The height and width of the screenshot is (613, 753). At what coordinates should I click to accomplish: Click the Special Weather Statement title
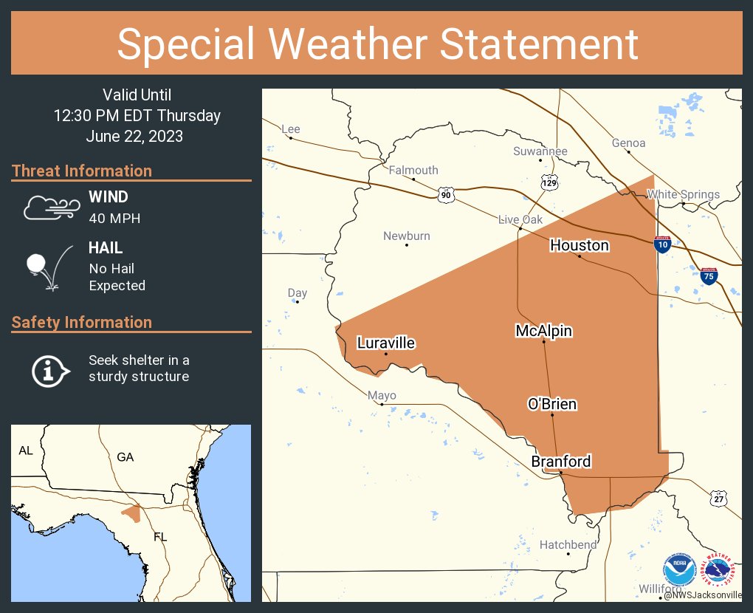pyautogui.click(x=377, y=44)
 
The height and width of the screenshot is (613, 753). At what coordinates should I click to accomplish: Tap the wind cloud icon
pyautogui.click(x=50, y=208)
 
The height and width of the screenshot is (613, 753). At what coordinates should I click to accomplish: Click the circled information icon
pyautogui.click(x=49, y=369)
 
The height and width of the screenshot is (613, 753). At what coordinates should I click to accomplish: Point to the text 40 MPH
pyautogui.click(x=114, y=219)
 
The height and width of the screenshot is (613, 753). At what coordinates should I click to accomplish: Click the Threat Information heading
pyautogui.click(x=82, y=171)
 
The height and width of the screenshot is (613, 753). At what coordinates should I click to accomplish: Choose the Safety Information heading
pyautogui.click(x=82, y=323)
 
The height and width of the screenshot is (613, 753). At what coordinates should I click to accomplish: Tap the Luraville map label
pyautogui.click(x=386, y=343)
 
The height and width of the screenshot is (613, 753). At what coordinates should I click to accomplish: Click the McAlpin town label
pyautogui.click(x=544, y=331)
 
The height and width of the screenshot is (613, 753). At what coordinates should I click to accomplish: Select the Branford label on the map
pyautogui.click(x=561, y=462)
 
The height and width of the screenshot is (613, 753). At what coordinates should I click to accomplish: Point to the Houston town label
pyautogui.click(x=580, y=245)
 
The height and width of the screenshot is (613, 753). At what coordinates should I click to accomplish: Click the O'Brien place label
pyautogui.click(x=552, y=404)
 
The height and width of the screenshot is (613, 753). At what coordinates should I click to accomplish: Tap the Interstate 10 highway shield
pyautogui.click(x=662, y=244)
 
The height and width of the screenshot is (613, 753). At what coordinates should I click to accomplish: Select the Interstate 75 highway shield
pyautogui.click(x=709, y=276)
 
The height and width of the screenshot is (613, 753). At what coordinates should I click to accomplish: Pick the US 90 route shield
pyautogui.click(x=446, y=194)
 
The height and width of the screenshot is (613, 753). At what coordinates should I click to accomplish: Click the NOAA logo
pyautogui.click(x=678, y=569)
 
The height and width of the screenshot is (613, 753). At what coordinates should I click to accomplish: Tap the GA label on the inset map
pyautogui.click(x=125, y=457)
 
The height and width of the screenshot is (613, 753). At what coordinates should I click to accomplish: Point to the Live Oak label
pyautogui.click(x=520, y=219)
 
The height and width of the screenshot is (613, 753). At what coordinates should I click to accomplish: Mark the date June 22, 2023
pyautogui.click(x=134, y=137)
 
